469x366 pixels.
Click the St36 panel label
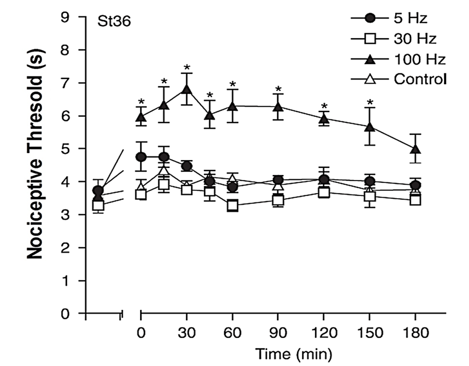[x=114, y=22]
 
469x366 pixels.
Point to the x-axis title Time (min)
[x=294, y=354]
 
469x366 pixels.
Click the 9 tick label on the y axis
[x=65, y=17]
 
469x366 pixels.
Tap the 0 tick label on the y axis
[x=65, y=314]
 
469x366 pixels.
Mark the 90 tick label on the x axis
[x=278, y=333]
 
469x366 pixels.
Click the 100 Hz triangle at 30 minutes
[x=187, y=89]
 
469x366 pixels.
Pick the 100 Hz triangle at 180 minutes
[x=416, y=149]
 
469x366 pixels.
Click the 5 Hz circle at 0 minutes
[x=141, y=157]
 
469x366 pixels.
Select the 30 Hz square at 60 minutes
[x=232, y=205]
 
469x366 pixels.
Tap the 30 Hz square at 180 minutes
[x=416, y=200]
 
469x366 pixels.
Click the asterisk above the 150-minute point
[x=370, y=102]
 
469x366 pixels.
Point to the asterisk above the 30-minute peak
[x=187, y=67]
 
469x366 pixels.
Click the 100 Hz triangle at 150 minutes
[x=370, y=127]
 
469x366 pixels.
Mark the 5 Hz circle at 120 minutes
[x=324, y=179]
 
